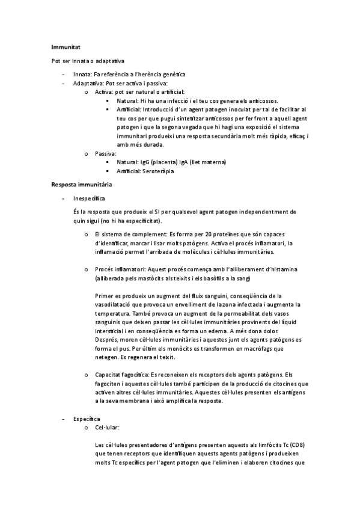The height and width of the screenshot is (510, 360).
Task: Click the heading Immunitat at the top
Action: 66,46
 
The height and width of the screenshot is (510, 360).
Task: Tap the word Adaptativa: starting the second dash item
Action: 88,83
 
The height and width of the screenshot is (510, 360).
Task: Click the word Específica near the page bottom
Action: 87,418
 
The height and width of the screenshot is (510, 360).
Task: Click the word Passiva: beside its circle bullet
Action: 106,153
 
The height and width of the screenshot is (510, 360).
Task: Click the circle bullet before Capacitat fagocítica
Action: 87,375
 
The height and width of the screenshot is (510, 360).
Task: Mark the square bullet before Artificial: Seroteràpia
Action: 108,171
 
